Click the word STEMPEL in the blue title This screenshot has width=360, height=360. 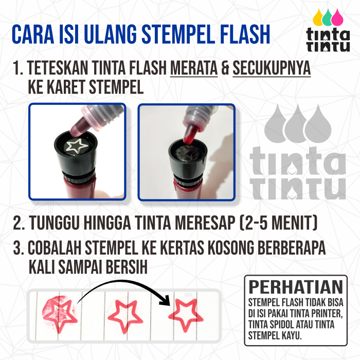[178, 34]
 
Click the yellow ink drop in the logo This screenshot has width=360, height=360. [318, 17]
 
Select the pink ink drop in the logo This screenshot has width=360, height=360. [337, 17]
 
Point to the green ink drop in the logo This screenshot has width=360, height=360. [328, 17]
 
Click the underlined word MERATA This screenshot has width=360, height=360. [194, 68]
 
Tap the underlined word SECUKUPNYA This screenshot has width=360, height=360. [272, 68]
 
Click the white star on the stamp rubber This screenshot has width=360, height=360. [77, 146]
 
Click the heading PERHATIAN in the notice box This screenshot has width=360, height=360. [296, 287]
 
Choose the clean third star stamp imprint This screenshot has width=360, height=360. [186, 315]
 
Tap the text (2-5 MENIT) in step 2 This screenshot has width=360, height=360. [279, 223]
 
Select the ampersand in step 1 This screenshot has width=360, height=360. [225, 68]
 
